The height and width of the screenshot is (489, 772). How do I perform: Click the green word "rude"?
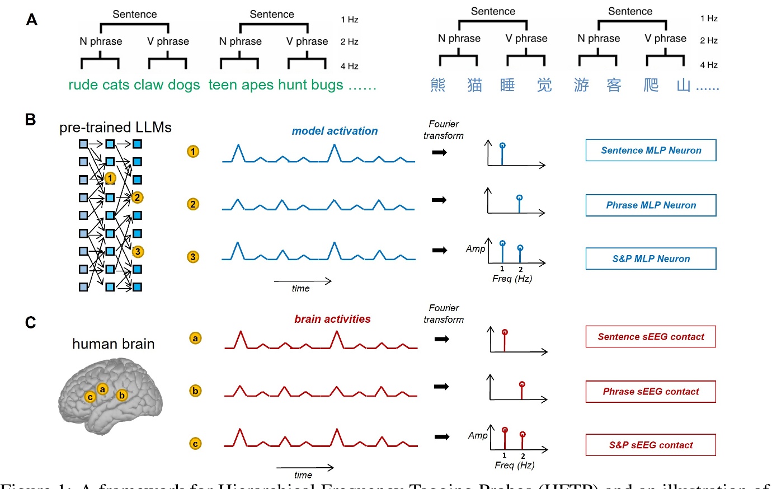click(83, 85)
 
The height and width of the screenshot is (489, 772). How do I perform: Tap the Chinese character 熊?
click(438, 85)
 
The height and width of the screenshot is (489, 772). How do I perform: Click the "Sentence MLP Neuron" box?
click(651, 151)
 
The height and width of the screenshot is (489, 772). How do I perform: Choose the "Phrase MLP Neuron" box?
click(651, 205)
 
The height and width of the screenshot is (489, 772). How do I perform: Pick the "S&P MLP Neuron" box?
click(651, 258)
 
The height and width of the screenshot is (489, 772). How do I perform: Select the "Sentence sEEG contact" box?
click(651, 337)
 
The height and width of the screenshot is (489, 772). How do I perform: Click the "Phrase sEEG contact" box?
click(651, 392)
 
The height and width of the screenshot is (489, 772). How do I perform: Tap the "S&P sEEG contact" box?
click(651, 445)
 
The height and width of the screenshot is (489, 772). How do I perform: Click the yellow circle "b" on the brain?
click(122, 396)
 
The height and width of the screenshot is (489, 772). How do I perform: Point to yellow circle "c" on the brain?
click(90, 397)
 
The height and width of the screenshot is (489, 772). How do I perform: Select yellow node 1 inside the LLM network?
click(110, 178)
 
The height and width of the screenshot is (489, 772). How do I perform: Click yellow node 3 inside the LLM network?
click(138, 252)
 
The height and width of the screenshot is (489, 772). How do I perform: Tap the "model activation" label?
click(335, 131)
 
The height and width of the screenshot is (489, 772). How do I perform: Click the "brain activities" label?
click(332, 319)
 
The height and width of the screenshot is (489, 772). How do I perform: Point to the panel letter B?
click(31, 120)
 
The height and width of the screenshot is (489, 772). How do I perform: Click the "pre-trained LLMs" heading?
click(115, 128)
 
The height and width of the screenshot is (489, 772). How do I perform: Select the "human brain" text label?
click(113, 344)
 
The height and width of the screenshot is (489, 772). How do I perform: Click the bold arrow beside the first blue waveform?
click(440, 152)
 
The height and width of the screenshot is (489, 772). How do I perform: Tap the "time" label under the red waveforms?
click(303, 475)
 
